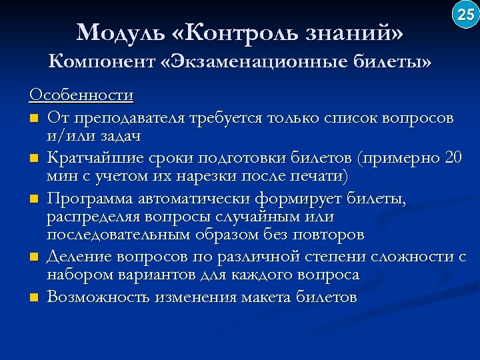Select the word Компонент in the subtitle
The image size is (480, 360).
[103, 62]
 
